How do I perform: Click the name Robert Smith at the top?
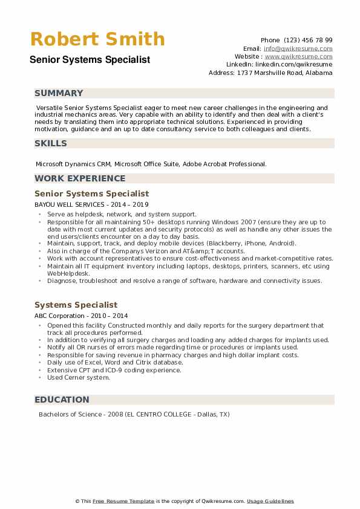(x=97, y=39)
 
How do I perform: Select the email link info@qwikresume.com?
(x=298, y=48)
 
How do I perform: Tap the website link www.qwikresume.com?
(x=298, y=56)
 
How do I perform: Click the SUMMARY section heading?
(x=59, y=93)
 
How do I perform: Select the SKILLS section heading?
(x=51, y=143)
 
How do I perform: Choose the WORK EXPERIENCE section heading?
(x=80, y=178)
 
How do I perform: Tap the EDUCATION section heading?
(x=62, y=400)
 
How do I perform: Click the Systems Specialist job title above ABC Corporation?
(x=76, y=305)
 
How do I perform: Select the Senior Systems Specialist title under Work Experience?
(x=91, y=193)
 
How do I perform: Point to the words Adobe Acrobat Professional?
(x=233, y=164)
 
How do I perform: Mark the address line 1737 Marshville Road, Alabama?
(x=270, y=73)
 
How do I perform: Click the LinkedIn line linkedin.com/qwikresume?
(x=280, y=64)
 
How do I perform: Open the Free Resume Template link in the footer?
(x=124, y=501)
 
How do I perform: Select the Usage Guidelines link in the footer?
(x=270, y=501)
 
